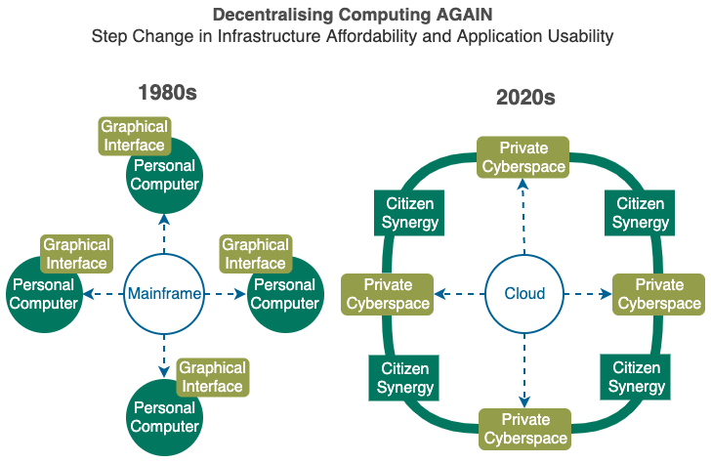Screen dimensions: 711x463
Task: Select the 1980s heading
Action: (x=167, y=93)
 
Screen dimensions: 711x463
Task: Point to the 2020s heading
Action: (x=525, y=97)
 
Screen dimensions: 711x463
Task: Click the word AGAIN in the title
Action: (x=464, y=15)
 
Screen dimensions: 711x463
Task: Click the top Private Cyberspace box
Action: (x=523, y=157)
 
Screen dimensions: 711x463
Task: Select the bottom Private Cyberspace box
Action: (x=525, y=429)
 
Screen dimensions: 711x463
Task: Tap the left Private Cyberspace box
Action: (x=388, y=294)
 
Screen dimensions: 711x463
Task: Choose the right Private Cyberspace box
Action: (x=659, y=294)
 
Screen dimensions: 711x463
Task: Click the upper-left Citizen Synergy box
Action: (x=409, y=213)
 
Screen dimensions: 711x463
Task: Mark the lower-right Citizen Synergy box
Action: (x=636, y=377)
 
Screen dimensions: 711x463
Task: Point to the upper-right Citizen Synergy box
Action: (x=640, y=213)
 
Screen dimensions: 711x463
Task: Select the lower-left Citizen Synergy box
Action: (x=404, y=378)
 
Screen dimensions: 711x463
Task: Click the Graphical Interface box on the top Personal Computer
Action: (x=135, y=136)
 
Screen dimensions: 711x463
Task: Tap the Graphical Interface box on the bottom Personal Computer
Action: (x=213, y=377)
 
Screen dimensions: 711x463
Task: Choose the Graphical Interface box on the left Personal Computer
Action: (x=76, y=254)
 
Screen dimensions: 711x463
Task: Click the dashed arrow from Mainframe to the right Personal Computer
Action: (x=225, y=294)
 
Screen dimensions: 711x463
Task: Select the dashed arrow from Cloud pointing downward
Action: (x=524, y=371)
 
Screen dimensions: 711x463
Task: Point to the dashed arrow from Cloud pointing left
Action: (x=459, y=294)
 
